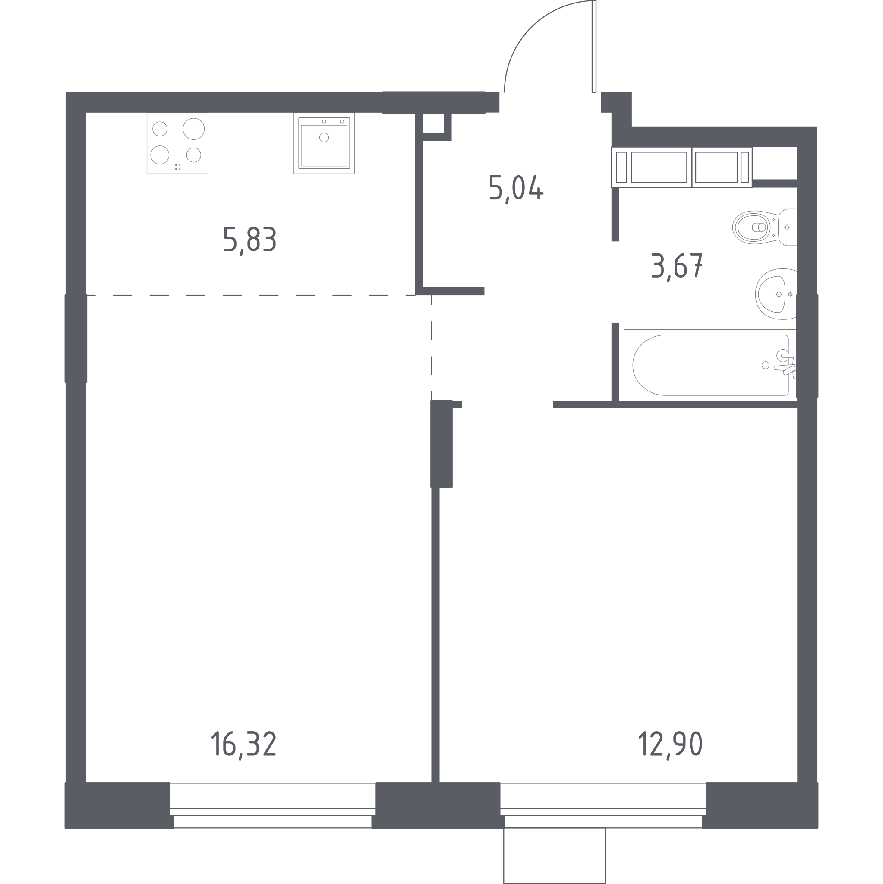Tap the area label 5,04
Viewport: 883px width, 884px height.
click(516, 188)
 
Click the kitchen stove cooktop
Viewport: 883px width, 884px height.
click(177, 143)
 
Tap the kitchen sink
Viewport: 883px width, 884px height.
click(324, 143)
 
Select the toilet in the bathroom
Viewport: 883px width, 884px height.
click(764, 227)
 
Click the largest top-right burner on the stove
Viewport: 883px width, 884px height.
click(193, 129)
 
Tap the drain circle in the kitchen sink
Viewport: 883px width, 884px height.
click(324, 137)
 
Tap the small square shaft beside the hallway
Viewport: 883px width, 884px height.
click(433, 123)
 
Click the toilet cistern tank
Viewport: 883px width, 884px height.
click(788, 227)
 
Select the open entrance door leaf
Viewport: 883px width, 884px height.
click(594, 46)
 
